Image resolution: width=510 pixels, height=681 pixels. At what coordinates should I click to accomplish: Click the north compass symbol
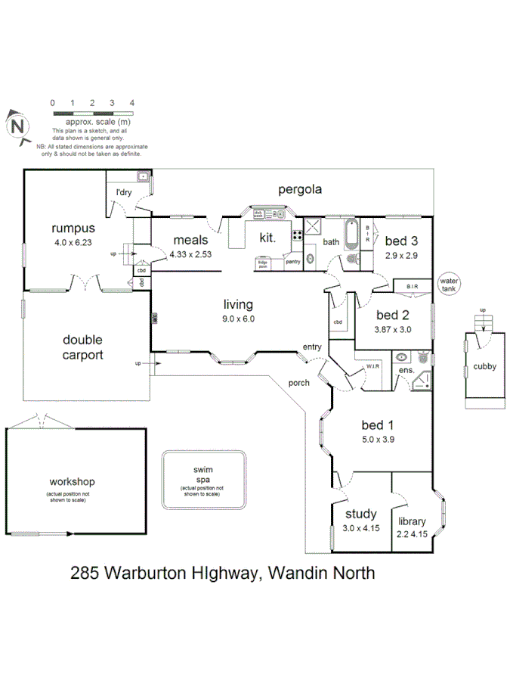(17, 123)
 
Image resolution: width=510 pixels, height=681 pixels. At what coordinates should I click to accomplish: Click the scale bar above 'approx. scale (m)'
(92, 113)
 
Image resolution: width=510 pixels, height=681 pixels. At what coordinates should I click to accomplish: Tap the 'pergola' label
(299, 189)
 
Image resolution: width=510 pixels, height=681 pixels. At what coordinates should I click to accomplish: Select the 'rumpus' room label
(73, 228)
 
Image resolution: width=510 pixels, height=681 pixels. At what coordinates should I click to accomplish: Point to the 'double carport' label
(82, 347)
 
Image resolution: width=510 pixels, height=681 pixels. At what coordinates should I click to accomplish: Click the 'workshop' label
(72, 481)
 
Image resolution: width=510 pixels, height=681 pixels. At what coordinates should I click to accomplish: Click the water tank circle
(450, 284)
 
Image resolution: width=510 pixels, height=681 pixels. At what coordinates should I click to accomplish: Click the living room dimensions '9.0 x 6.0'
(238, 319)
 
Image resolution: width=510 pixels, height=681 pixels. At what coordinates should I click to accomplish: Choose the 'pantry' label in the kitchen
(293, 262)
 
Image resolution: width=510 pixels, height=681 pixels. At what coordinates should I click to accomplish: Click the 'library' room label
(412, 521)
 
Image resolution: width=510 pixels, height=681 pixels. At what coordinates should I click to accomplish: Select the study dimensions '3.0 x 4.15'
(360, 529)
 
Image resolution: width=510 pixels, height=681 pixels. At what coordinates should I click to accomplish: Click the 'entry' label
(312, 347)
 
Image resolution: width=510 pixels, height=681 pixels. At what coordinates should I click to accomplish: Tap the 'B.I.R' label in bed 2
(413, 287)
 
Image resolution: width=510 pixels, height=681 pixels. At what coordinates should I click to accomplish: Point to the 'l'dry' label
(123, 194)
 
